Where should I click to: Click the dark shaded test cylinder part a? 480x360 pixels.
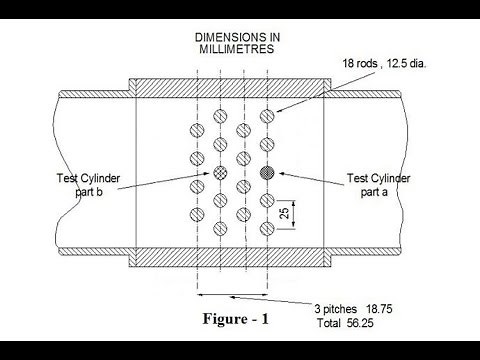[x=266, y=173]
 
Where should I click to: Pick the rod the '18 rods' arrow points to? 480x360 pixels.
[x=266, y=117]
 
